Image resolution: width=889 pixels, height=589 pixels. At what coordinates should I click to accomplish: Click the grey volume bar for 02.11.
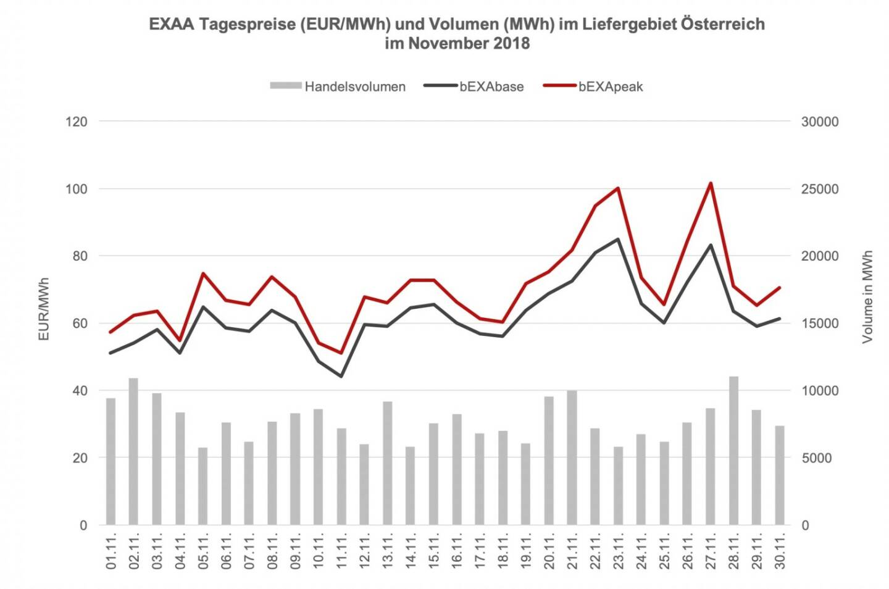click(x=133, y=451)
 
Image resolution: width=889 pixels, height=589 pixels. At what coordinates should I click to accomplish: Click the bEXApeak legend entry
click(x=593, y=86)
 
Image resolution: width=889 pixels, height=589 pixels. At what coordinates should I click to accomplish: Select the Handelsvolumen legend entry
click(x=338, y=86)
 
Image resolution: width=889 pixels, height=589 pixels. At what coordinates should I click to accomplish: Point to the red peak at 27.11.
click(x=711, y=183)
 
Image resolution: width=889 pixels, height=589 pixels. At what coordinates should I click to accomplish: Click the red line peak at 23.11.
click(x=618, y=188)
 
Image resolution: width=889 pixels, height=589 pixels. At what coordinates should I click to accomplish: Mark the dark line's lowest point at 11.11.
click(x=341, y=376)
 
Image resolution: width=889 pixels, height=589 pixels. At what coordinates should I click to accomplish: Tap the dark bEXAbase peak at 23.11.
click(x=618, y=239)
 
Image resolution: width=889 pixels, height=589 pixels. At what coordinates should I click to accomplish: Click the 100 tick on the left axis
click(x=77, y=188)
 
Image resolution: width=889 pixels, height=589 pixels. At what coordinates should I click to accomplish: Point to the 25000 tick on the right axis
click(x=820, y=188)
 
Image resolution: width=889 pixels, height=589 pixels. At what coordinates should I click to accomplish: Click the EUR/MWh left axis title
click(x=44, y=309)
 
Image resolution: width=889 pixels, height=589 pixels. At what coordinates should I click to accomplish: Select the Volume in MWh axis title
click(x=867, y=296)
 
